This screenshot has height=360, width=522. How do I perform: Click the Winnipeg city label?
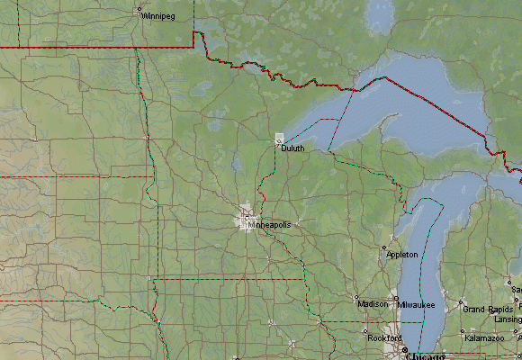[158, 16]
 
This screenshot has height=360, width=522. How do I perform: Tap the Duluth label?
[292, 148]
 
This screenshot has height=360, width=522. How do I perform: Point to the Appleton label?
[402, 256]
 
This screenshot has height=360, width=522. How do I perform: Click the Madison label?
[373, 304]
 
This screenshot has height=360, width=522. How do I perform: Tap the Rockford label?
[384, 338]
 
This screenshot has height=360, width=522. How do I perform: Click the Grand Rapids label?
[487, 310]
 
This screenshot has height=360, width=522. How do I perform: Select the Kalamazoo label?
[484, 338]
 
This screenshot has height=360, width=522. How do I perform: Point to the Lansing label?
[508, 319]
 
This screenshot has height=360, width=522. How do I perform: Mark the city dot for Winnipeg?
[139, 13]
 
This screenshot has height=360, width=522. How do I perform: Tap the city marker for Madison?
[356, 297]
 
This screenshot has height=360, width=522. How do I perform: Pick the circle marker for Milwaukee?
[397, 298]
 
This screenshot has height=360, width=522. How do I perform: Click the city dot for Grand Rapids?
[462, 302]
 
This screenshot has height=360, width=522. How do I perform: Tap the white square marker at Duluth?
[279, 139]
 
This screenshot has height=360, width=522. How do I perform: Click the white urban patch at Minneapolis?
[246, 219]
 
